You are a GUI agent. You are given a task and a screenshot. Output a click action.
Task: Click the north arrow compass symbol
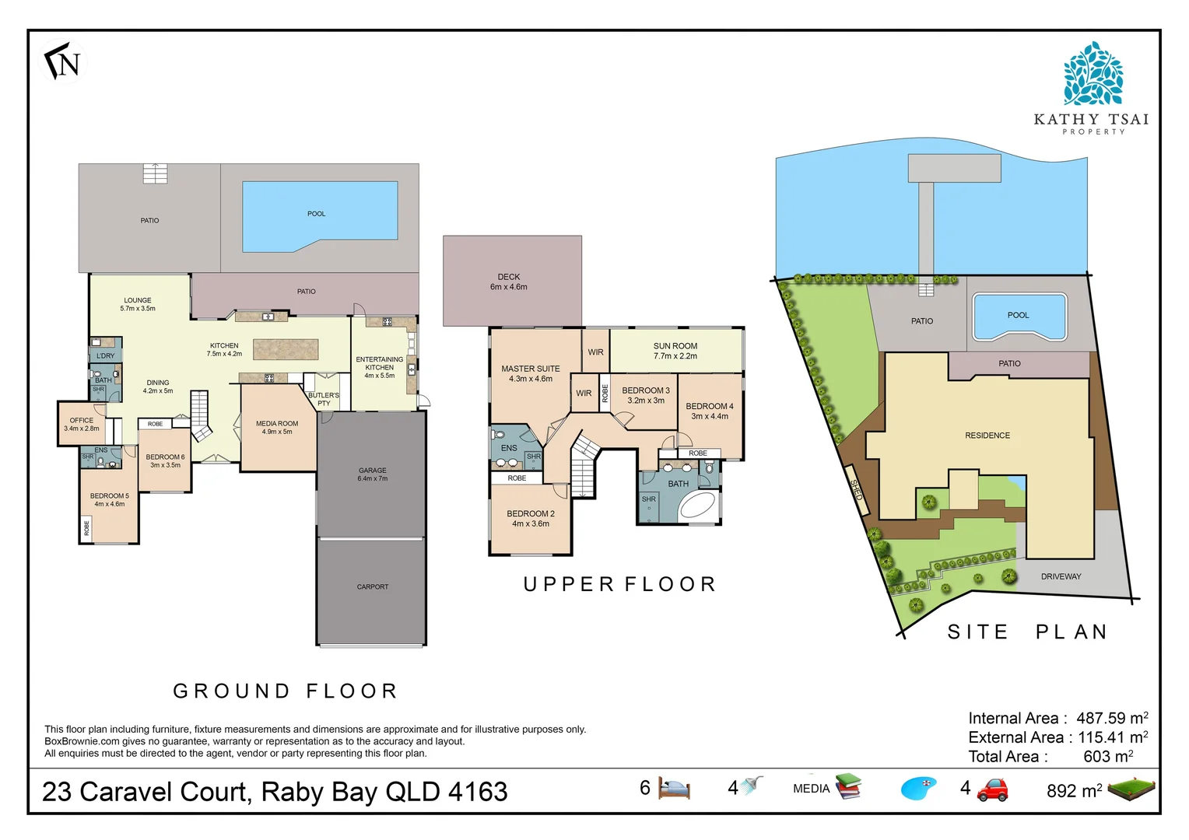(x=62, y=62)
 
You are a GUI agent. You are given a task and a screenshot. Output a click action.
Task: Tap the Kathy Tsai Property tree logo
(x=1093, y=75)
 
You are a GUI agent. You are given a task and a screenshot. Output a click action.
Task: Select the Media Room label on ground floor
(x=277, y=427)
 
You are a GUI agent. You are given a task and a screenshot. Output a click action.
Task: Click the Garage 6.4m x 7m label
(x=372, y=474)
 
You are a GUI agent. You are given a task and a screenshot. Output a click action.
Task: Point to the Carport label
(x=372, y=586)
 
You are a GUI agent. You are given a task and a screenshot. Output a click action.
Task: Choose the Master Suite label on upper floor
(x=530, y=373)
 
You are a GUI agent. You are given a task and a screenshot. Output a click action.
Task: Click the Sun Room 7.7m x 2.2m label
(x=675, y=351)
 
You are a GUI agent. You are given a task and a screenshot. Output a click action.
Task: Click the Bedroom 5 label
(x=109, y=499)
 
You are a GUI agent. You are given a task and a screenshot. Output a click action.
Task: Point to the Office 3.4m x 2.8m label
(x=81, y=424)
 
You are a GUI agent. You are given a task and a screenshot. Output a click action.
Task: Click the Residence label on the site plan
(x=987, y=436)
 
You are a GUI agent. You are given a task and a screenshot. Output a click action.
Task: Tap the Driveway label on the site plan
(x=1061, y=576)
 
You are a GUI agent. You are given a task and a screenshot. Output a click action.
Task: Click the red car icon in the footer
(x=992, y=789)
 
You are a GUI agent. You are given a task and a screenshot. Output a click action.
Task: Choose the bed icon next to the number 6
(x=674, y=789)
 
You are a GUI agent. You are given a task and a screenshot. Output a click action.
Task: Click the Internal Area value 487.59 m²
(x=1111, y=718)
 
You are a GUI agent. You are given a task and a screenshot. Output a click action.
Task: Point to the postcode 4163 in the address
(x=478, y=792)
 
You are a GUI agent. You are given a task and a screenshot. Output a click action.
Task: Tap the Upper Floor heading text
(x=619, y=584)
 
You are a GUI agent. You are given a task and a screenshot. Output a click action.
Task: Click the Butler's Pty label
(x=324, y=399)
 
